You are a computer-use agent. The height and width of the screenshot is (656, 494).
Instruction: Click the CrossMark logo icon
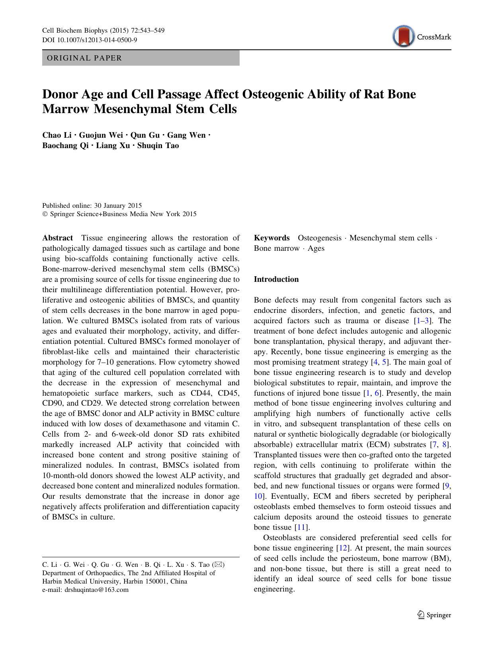tap(403, 37)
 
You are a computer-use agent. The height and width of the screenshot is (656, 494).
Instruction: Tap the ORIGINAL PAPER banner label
tap(84, 58)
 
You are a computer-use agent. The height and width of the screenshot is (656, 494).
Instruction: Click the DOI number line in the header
tap(90, 40)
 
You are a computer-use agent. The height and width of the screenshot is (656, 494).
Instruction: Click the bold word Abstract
tap(58, 238)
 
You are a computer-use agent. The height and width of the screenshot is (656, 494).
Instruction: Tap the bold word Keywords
tap(272, 238)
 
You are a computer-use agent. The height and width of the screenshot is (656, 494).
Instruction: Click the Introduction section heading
tap(276, 279)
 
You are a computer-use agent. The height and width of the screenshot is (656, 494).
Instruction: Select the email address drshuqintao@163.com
tap(96, 590)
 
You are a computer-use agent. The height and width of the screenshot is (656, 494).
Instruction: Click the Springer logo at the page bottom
tap(434, 615)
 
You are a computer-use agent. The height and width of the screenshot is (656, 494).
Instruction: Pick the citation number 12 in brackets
tap(342, 548)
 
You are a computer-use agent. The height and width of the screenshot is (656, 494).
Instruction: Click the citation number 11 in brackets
tap(301, 527)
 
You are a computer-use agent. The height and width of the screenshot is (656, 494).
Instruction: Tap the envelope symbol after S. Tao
tap(219, 564)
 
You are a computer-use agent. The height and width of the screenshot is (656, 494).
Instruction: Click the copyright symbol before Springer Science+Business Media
tap(45, 214)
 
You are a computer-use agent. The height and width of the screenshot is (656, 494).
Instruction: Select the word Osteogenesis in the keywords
tap(319, 238)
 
